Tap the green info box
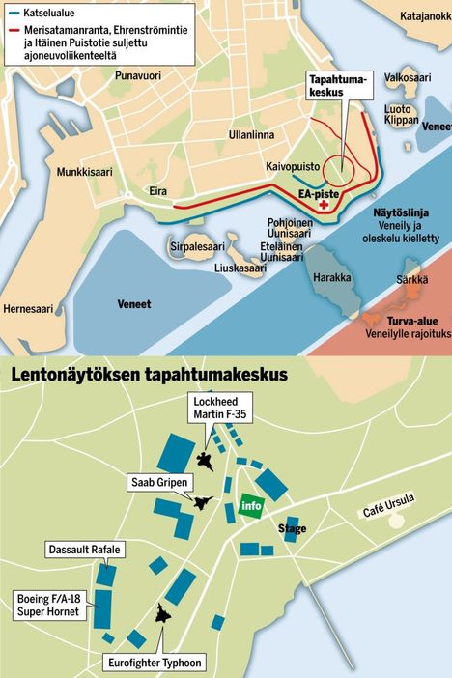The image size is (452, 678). [251, 505]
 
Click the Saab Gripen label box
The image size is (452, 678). [158, 480]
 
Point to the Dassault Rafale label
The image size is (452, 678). [85, 550]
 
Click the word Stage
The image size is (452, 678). [292, 529]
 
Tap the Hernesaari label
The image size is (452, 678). [30, 309]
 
